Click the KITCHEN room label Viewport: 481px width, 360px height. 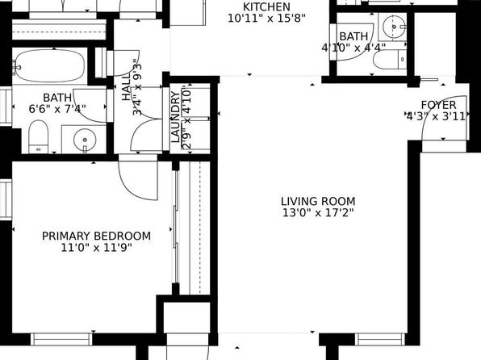click(266, 6)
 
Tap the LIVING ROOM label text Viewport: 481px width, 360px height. click(318, 201)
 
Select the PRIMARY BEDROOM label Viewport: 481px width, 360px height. click(96, 236)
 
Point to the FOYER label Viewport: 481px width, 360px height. click(439, 105)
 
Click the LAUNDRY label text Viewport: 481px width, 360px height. click(175, 117)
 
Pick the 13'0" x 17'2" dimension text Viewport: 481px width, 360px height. click(318, 212)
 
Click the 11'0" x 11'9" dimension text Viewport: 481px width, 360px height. click(96, 247)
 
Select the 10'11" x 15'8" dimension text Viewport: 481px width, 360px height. click(266, 19)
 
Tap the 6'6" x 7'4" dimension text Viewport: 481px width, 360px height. click(57, 109)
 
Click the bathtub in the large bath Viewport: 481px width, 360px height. click(49, 65)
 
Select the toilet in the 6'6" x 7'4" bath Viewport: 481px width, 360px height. click(39, 136)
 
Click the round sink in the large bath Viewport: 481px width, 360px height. click(85, 140)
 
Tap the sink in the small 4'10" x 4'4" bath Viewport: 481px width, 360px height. click(394, 27)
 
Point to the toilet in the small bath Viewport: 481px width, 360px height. click(390, 60)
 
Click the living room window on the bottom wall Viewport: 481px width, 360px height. click(380, 339)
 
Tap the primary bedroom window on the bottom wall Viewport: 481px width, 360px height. click(61, 339)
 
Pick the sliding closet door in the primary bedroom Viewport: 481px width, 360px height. click(176, 227)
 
